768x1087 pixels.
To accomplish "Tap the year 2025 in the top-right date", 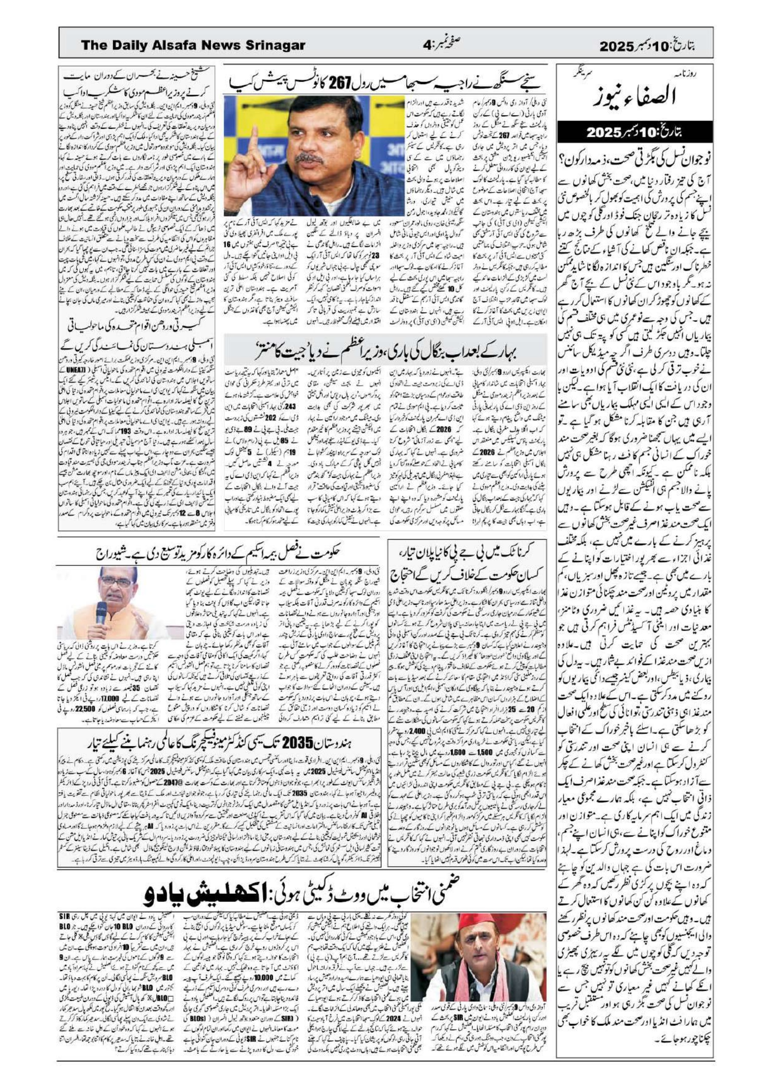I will click(617, 46).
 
